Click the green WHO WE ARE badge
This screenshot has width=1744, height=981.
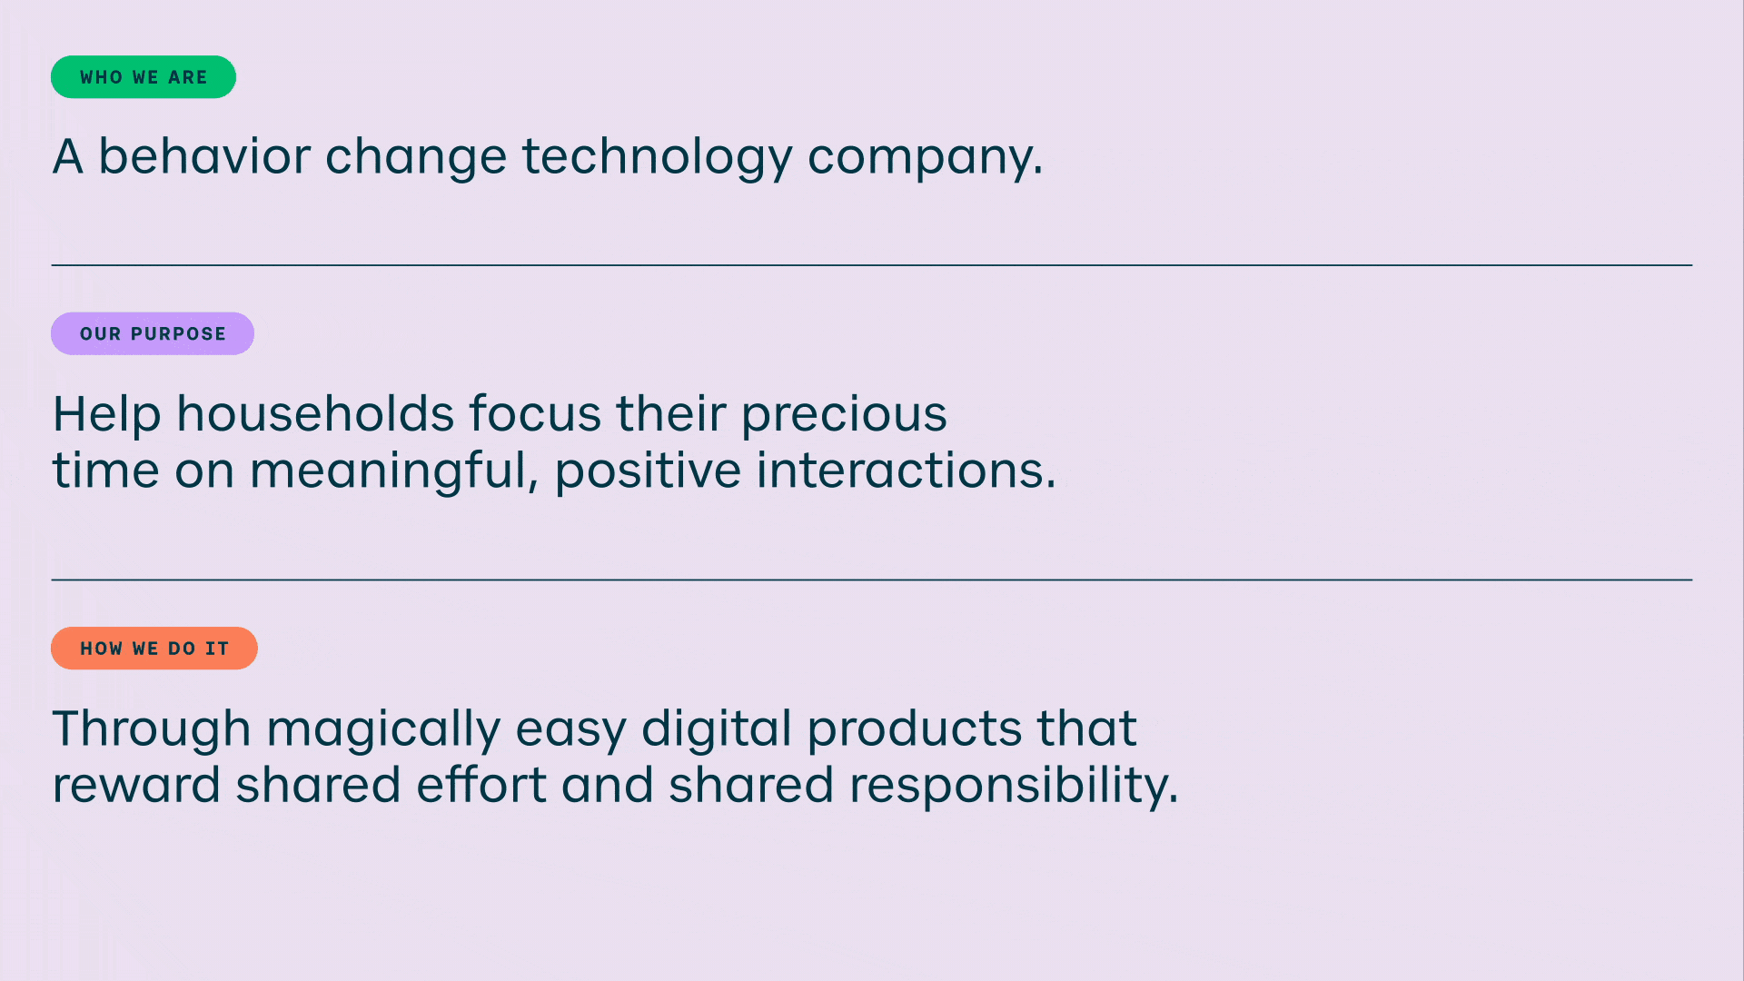144,77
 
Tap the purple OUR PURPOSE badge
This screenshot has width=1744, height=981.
153,333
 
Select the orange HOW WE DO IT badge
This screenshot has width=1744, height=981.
154,649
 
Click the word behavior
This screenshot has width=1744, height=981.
204,155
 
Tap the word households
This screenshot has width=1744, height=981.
315,413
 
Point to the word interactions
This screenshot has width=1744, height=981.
907,471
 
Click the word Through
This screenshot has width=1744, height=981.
152,728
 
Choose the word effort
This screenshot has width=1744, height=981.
481,785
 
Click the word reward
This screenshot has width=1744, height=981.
136,785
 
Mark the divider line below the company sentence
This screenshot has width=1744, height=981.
872,265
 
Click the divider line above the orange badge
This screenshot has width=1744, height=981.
872,580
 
